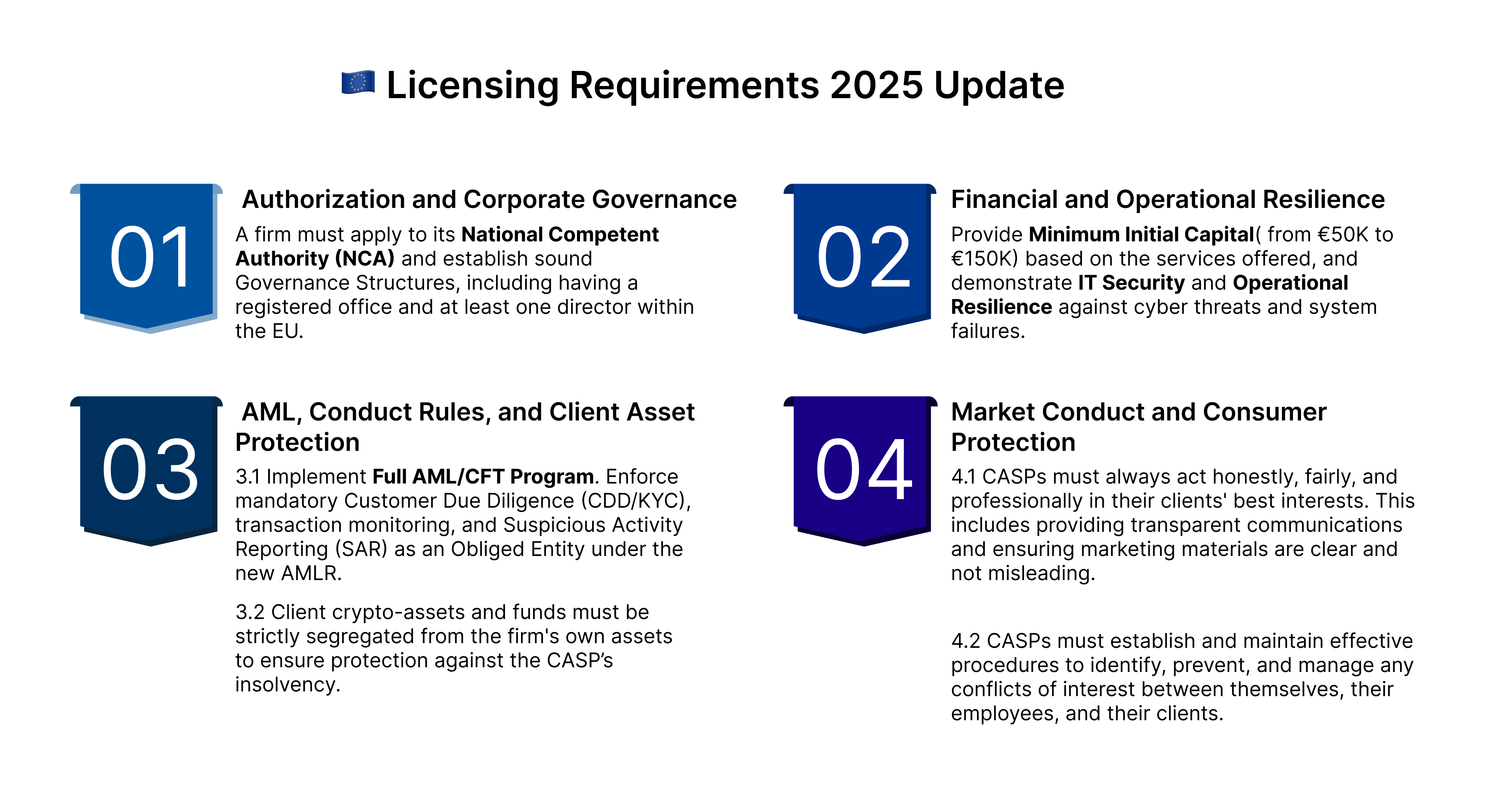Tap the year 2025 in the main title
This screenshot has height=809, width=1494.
tap(876, 85)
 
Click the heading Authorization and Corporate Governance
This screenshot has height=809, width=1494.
tap(489, 200)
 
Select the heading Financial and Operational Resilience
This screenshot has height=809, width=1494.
tap(1168, 200)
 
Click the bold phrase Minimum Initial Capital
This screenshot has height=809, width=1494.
tap(1142, 234)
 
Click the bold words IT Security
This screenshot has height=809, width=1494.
tap(1131, 283)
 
